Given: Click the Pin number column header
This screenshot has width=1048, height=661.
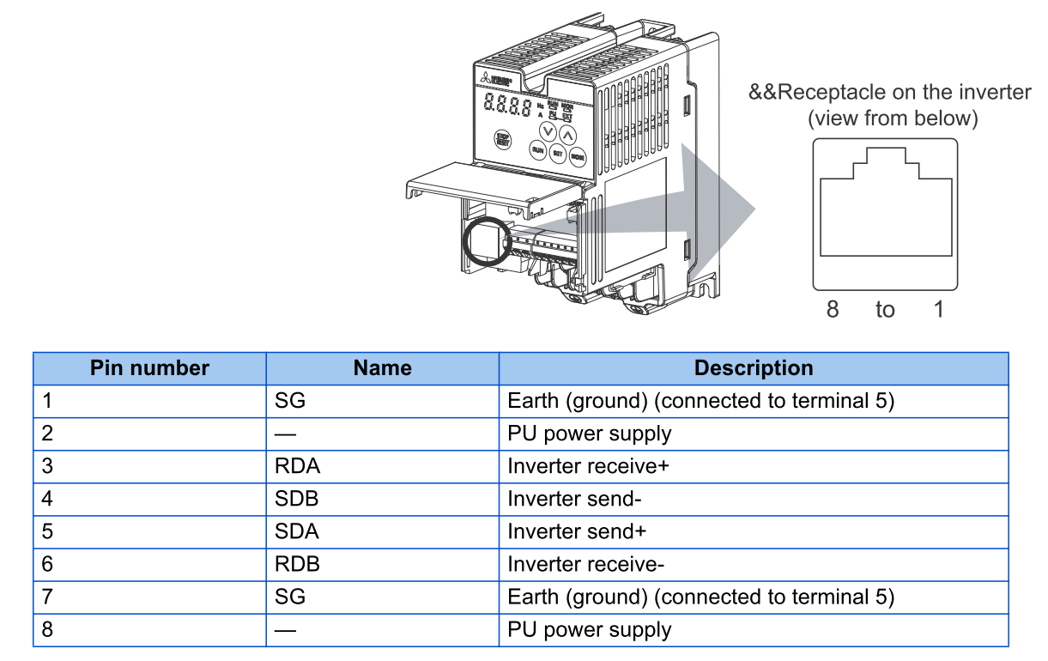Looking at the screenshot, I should point(149,368).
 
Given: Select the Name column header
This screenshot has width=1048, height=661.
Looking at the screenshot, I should point(382,368).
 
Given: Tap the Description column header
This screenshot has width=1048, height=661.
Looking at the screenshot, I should point(753,368).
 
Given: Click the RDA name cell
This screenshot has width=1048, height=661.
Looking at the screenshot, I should point(297,466).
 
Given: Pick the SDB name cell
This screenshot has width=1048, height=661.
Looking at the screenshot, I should point(297,499).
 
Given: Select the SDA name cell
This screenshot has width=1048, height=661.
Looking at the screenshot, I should point(297,531).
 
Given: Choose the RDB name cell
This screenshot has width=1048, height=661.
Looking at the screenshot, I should point(297,564).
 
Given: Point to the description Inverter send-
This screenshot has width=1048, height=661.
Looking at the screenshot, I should point(575,499).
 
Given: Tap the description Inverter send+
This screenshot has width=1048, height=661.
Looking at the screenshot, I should point(577,531).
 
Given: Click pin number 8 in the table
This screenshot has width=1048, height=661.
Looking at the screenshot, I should point(47,629).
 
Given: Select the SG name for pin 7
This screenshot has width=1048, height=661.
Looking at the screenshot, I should point(290,597).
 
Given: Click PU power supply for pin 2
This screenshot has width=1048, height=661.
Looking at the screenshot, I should point(589,434).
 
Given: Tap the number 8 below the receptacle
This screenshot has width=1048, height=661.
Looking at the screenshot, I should point(832,309).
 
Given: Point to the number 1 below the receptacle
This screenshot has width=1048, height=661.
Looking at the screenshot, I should point(939,309).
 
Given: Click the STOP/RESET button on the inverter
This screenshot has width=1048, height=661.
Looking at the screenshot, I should point(503,140).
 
